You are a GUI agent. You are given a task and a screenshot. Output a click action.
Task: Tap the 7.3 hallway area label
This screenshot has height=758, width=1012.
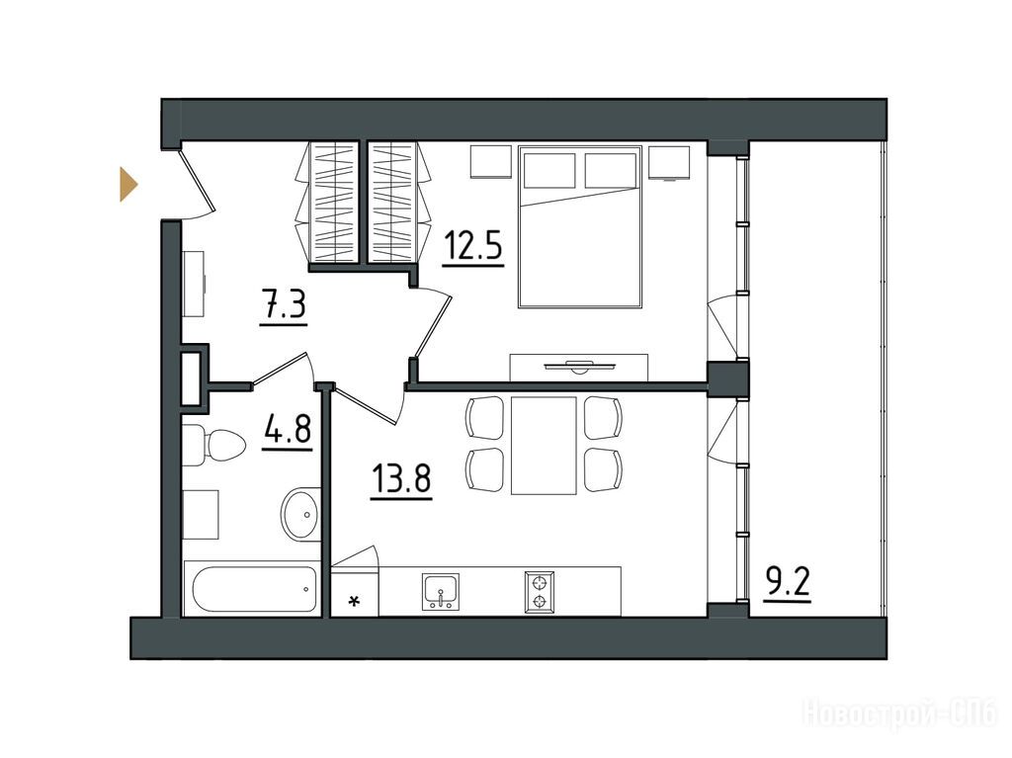[284, 304]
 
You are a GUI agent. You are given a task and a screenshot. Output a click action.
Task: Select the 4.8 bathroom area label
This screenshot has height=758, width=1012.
[288, 429]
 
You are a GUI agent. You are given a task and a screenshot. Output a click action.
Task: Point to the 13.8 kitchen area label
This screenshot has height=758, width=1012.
[401, 479]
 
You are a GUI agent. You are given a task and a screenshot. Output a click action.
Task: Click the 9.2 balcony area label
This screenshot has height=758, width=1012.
[787, 583]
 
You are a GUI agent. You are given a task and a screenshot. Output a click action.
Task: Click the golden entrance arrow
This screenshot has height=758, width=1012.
[128, 184]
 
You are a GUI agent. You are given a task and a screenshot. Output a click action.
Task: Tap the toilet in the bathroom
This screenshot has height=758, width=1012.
[213, 444]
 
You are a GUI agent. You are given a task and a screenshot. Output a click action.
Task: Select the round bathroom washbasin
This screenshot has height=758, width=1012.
[299, 515]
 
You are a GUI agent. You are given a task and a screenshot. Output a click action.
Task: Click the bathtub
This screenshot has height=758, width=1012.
[251, 588]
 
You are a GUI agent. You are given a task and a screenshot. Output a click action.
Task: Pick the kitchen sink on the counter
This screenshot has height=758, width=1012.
[441, 591]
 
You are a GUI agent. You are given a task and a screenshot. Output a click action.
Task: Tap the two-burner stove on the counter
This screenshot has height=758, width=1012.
[540, 591]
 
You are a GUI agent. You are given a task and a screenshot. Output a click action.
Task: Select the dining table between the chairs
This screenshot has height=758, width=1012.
[544, 446]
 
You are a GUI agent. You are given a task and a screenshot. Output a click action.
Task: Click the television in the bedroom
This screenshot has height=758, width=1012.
[579, 367]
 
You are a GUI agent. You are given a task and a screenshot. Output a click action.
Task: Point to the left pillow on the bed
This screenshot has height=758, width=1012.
[549, 170]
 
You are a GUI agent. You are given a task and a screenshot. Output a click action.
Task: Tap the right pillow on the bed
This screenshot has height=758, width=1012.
[611, 170]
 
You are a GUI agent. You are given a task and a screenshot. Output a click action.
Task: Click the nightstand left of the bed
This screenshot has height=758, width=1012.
[490, 161]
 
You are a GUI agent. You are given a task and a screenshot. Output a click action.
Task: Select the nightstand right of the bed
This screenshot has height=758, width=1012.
[669, 162]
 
